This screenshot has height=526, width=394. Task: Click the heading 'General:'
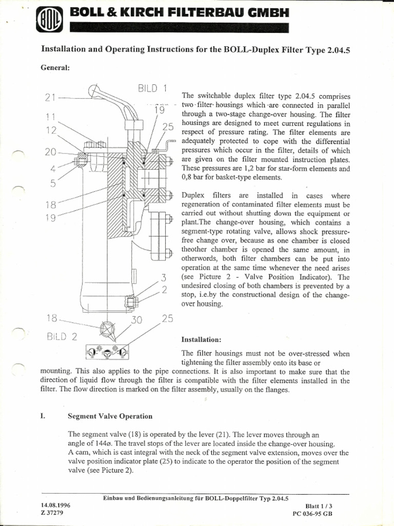point(55,68)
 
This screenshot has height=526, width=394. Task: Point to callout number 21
point(50,98)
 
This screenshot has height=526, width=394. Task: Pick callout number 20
point(51,152)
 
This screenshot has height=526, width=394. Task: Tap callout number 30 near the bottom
point(136,320)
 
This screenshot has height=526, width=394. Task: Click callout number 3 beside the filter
point(164,278)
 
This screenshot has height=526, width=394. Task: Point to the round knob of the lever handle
point(94,90)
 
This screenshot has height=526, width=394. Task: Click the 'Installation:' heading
point(202,340)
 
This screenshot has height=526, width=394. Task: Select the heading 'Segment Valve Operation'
point(110,416)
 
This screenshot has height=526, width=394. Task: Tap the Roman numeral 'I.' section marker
point(43,416)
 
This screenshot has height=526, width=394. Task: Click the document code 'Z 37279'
point(51,513)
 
